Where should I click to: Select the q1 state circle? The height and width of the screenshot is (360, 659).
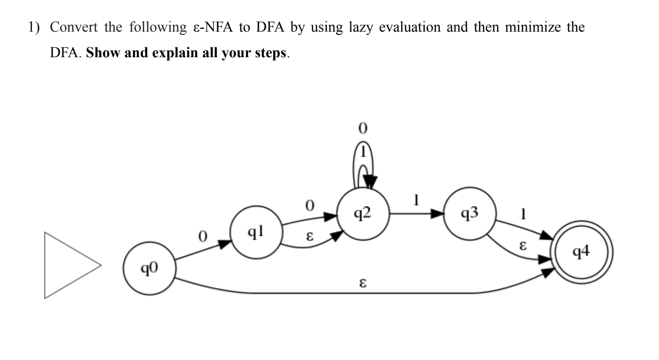(256, 232)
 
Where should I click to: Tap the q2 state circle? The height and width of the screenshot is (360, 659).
(363, 214)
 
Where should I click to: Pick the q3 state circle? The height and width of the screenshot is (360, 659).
(469, 214)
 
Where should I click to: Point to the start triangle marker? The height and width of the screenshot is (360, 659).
(70, 265)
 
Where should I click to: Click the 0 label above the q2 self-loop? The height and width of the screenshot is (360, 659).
(363, 127)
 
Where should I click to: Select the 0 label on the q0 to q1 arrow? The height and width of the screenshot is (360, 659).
(202, 237)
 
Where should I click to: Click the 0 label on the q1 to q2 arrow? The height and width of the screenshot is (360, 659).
(309, 205)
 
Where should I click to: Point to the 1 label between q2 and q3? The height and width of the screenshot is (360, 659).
(416, 200)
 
